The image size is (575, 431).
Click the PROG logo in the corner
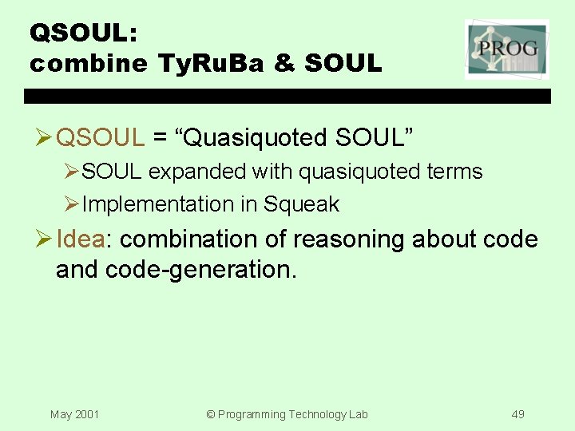tap(506, 49)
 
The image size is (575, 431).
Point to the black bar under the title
tap(287, 96)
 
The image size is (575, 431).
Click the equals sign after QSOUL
tap(161, 138)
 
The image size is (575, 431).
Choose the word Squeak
tap(301, 204)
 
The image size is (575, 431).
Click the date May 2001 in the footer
tap(74, 414)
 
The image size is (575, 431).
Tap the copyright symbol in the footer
tap(212, 414)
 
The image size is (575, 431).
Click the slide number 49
tap(517, 414)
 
